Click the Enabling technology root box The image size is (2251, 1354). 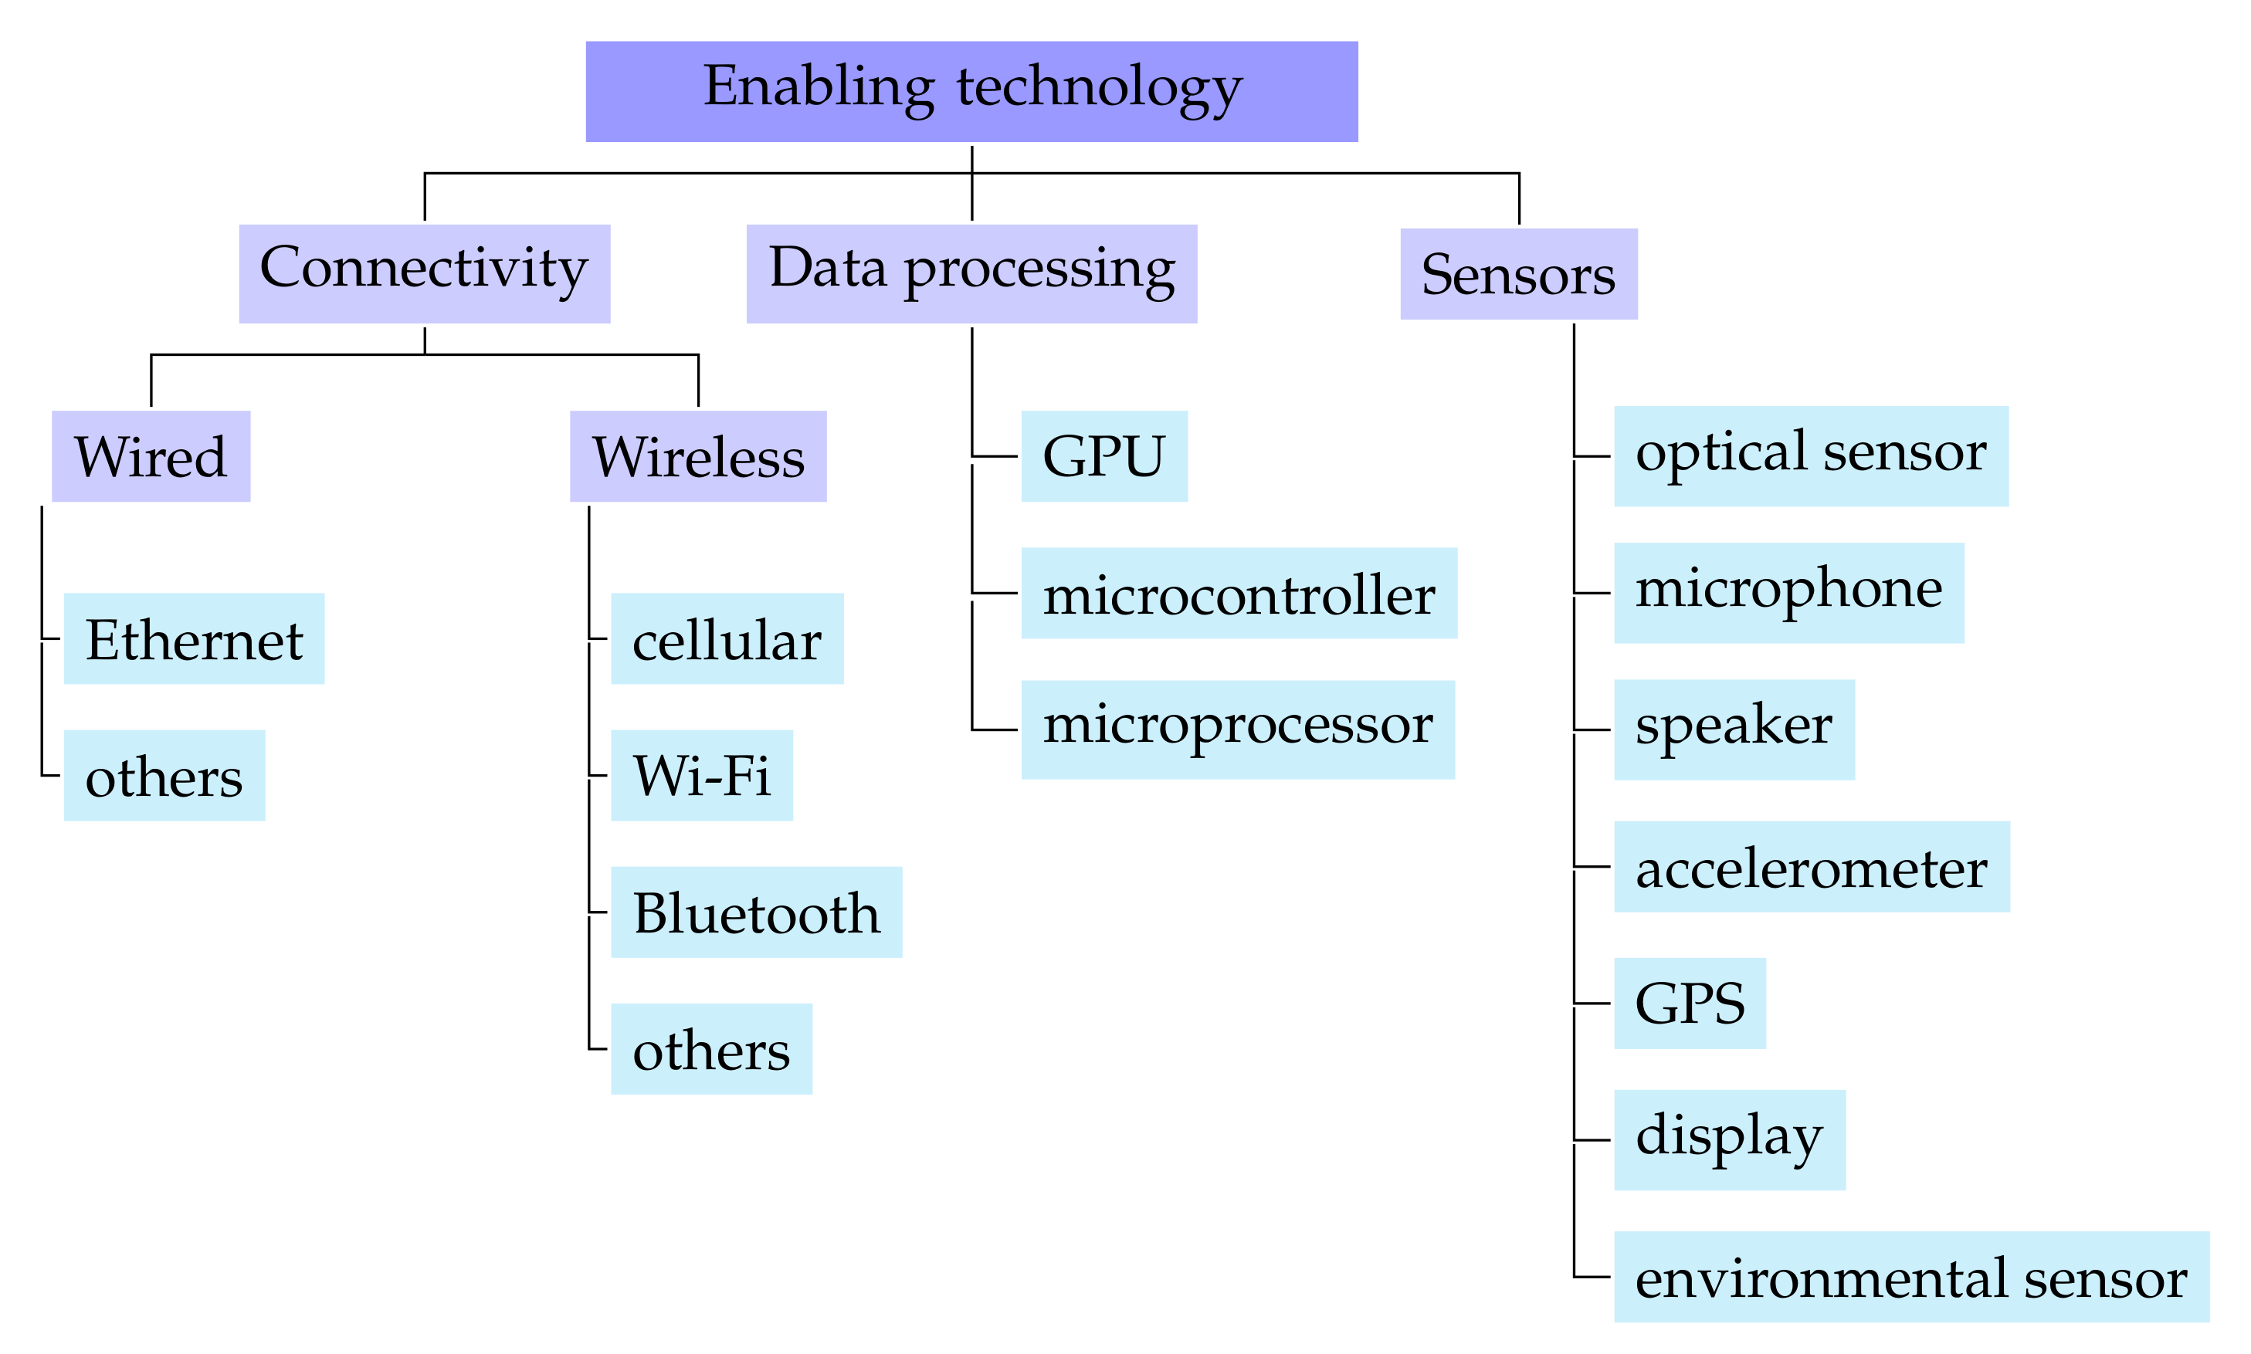(x=971, y=91)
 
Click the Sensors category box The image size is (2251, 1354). (x=1518, y=274)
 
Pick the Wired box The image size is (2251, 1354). (x=151, y=455)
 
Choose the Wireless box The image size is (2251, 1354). (x=698, y=455)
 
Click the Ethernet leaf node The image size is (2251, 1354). (x=193, y=638)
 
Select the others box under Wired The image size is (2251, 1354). (x=164, y=776)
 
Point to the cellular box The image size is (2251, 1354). (x=727, y=638)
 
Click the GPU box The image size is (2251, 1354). (x=1104, y=455)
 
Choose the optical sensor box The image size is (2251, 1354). (x=1810, y=455)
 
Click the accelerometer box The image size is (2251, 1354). (x=1811, y=867)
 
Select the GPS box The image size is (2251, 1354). (x=1689, y=1004)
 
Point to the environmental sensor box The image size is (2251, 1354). (x=1910, y=1277)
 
